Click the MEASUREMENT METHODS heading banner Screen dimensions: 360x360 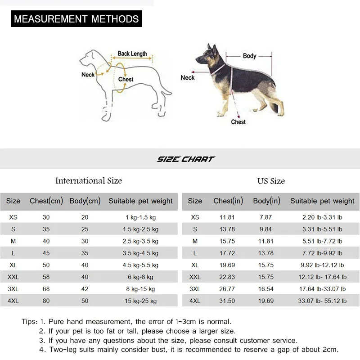76,19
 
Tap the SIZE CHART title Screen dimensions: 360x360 186,159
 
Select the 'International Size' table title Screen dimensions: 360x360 89,181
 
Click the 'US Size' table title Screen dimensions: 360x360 271,181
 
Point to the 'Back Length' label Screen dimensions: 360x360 132,54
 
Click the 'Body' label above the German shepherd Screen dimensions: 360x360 249,56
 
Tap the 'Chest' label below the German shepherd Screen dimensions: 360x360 238,122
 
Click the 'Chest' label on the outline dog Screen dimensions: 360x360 126,79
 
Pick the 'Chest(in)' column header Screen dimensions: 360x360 228,201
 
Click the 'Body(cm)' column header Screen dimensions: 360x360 85,201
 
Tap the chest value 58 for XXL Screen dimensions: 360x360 46,277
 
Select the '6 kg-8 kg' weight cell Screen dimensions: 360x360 140,277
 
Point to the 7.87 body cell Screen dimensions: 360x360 266,217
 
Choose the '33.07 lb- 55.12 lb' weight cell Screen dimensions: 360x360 322,301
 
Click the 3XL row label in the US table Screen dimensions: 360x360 195,289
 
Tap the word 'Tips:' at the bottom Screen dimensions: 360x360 29,322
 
